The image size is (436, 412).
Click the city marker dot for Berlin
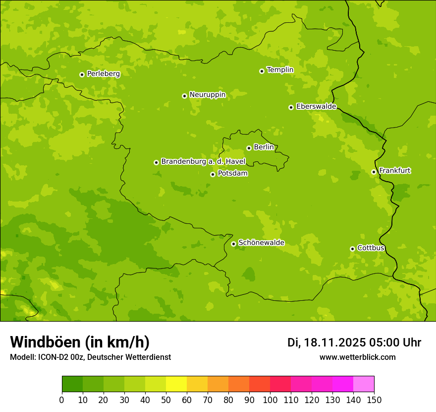click(249, 148)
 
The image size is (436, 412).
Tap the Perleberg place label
click(103, 74)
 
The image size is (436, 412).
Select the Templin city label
click(280, 70)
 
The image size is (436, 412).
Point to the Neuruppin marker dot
click(184, 96)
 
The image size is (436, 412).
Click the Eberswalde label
click(316, 107)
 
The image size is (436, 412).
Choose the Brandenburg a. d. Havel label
click(203, 162)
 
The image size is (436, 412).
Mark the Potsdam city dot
click(213, 174)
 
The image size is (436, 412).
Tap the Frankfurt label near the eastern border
click(394, 171)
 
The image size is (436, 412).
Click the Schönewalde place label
click(261, 243)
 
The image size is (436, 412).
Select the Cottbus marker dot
click(352, 249)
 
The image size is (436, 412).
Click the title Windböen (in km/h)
click(80, 342)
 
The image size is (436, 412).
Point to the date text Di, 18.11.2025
click(327, 343)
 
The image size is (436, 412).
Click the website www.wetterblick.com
click(357, 357)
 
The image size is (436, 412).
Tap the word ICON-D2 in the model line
click(52, 357)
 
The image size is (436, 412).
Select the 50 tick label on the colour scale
click(166, 400)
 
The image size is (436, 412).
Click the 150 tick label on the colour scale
click(374, 400)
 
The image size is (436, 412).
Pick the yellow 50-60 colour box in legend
click(176, 384)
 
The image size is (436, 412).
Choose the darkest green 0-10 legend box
click(72, 384)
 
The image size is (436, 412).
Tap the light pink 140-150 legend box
click(364, 384)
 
